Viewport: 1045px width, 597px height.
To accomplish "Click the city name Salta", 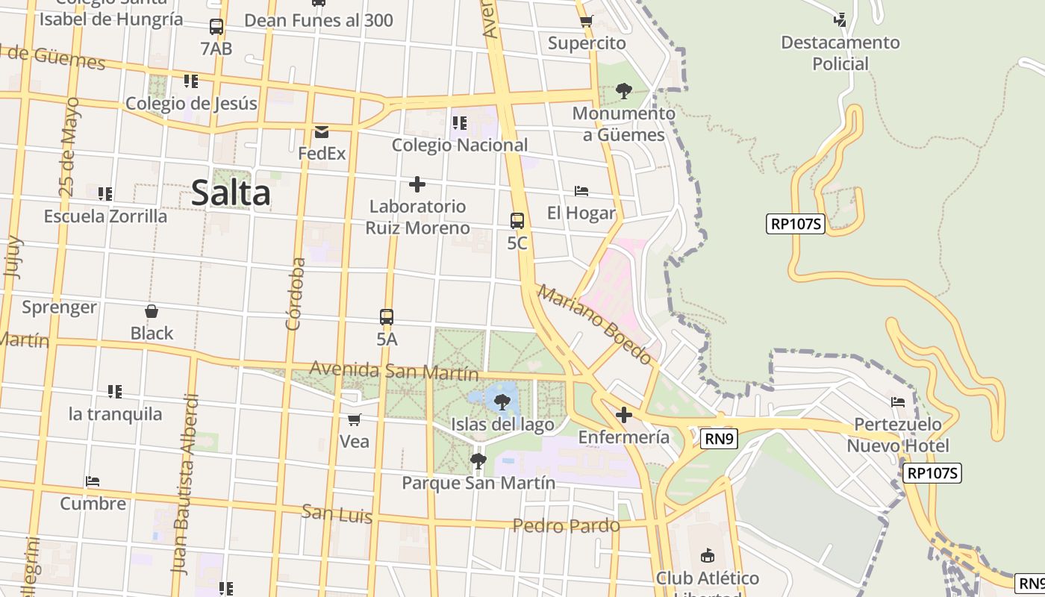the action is tap(231, 193).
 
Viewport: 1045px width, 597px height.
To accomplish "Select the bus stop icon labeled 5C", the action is tap(517, 221).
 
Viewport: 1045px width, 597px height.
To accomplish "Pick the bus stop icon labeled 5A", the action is tap(387, 316).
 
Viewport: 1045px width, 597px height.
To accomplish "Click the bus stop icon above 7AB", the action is tap(216, 28).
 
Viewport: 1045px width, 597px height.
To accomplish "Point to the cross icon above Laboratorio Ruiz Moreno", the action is tap(417, 184).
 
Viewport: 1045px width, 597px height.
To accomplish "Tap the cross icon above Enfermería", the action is tap(624, 415).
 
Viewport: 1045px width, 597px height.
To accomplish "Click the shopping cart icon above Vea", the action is tap(355, 420).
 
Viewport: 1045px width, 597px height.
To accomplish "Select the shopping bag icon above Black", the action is tap(152, 311).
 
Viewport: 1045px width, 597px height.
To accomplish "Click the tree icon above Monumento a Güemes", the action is tap(624, 92).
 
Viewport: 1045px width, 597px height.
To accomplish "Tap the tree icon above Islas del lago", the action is tap(502, 403).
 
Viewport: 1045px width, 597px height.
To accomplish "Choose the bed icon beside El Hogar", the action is tap(581, 192).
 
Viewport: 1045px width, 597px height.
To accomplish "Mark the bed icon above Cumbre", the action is tap(93, 481).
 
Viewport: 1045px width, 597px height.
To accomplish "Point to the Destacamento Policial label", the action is tap(840, 53).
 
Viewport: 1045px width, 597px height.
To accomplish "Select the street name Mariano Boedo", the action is tap(594, 324).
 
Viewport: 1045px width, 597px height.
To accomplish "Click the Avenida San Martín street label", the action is tap(393, 370).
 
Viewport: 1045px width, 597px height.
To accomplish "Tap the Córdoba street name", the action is tap(296, 293).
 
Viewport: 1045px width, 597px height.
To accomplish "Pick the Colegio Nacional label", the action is tap(460, 145).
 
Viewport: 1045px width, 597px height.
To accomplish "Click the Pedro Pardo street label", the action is tap(566, 526).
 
